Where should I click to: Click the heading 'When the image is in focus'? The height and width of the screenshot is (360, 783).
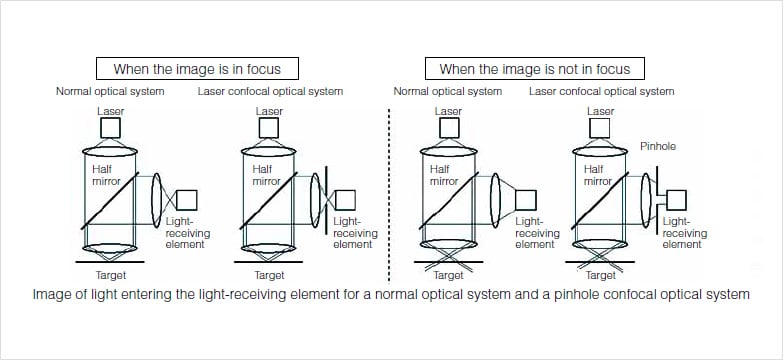click(197, 68)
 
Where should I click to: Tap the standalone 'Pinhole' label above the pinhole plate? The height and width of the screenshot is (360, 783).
click(658, 146)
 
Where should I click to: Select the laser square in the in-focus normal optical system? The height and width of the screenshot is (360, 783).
click(110, 128)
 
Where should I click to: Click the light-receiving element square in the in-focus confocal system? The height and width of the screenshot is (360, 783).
click(345, 200)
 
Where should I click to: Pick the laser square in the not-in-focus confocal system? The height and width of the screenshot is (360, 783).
click(599, 128)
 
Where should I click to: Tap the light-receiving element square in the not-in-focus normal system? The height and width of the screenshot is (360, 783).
click(526, 200)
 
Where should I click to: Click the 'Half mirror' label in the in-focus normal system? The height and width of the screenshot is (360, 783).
click(106, 175)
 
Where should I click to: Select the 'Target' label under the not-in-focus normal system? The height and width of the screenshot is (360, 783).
click(448, 275)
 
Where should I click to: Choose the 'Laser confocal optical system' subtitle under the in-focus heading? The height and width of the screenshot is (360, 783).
click(270, 91)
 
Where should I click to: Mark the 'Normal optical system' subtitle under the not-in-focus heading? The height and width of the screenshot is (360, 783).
click(447, 91)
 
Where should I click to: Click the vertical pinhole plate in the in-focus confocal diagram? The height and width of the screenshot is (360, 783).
click(326, 200)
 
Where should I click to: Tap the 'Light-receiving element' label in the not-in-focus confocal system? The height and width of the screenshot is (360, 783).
click(685, 233)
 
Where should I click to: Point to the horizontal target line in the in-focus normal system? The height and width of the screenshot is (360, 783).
click(110, 262)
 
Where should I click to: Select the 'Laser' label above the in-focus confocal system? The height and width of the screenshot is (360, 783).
click(269, 111)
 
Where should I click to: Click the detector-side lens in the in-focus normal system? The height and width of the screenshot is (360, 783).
click(157, 200)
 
